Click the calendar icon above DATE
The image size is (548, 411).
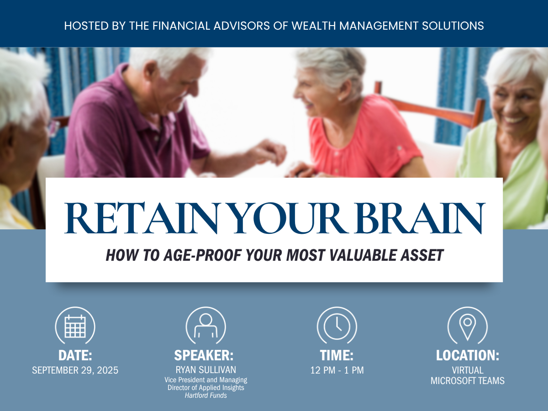(75, 327)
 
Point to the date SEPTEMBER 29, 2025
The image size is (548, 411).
(75, 370)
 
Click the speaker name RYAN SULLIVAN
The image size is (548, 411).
(205, 370)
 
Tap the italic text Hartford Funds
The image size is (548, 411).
(205, 395)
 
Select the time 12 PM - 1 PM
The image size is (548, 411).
(337, 370)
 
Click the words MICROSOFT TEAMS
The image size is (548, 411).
(468, 381)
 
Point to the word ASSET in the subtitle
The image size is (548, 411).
(422, 255)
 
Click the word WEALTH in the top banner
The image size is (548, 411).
(314, 26)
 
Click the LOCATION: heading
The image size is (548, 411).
(468, 355)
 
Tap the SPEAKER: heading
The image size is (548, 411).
(204, 355)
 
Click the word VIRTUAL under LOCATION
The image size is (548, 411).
(468, 370)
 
